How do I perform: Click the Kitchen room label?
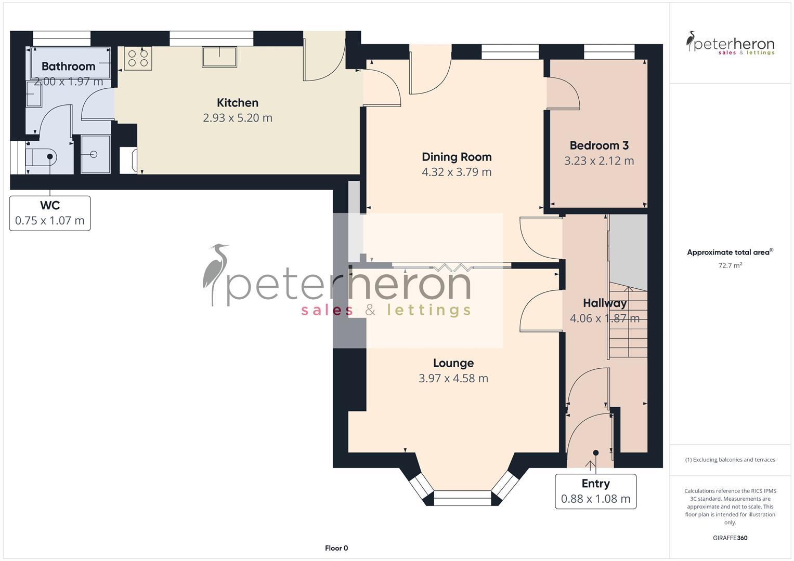(237, 103)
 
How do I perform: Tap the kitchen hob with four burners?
(138, 58)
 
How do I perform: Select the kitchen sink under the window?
(219, 57)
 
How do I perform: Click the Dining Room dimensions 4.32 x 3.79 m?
(456, 172)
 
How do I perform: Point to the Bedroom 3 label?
(598, 145)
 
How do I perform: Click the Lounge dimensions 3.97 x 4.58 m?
(453, 378)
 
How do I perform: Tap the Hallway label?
(604, 303)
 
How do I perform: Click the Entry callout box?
(595, 491)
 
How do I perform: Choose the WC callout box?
(50, 213)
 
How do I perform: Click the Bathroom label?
(68, 66)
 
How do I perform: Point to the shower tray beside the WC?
(95, 154)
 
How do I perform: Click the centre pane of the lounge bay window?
(462, 498)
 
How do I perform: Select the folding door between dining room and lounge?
(451, 268)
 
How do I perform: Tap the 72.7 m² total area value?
(730, 265)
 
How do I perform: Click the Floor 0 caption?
(336, 548)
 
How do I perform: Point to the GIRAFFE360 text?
(730, 538)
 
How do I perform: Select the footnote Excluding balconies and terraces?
(730, 460)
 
